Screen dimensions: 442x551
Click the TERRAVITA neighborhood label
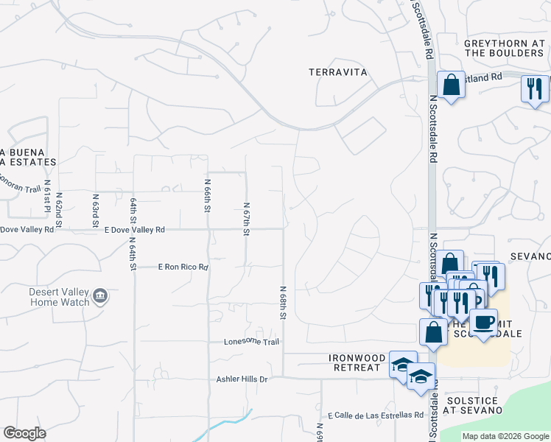[338, 71]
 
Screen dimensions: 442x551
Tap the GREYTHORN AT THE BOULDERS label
[504, 48]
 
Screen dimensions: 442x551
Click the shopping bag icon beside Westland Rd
[451, 85]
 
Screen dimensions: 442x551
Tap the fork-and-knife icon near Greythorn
[535, 89]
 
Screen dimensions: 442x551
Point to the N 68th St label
[283, 303]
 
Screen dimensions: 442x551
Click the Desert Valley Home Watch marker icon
[101, 297]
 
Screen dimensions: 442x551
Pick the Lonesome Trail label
[252, 342]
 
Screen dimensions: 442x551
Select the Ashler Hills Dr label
[241, 379]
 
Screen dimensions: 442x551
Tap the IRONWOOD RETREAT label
[357, 362]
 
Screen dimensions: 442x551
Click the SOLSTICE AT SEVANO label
[473, 404]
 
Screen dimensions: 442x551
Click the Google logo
[24, 433]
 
